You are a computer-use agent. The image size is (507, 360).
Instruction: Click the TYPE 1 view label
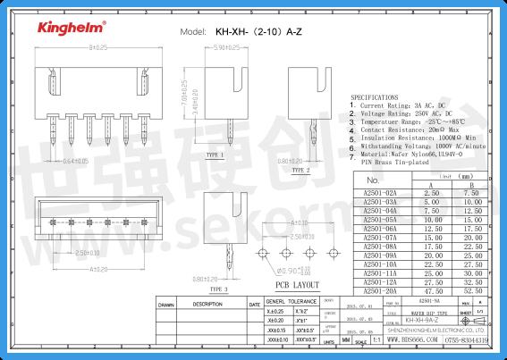click(x=215, y=155)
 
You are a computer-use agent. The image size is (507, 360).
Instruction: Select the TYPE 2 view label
click(x=301, y=169)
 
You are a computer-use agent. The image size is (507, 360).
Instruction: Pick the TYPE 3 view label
click(x=220, y=289)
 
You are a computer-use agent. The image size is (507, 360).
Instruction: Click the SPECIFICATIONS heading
click(x=375, y=95)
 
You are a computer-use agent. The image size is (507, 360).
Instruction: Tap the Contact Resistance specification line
click(x=410, y=130)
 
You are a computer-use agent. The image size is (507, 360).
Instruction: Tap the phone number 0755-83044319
click(x=466, y=340)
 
